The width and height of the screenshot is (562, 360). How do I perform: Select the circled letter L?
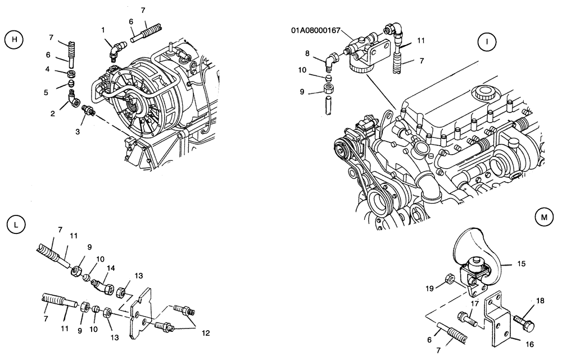point(16,224)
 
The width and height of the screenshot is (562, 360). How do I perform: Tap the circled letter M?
point(543,217)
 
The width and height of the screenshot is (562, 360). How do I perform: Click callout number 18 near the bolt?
point(540,301)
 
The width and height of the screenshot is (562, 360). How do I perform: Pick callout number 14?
point(111,269)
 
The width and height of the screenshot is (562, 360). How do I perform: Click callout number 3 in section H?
point(78,131)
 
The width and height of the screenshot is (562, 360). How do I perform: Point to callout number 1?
point(103,29)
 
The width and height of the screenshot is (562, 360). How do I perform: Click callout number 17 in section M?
point(475,304)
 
